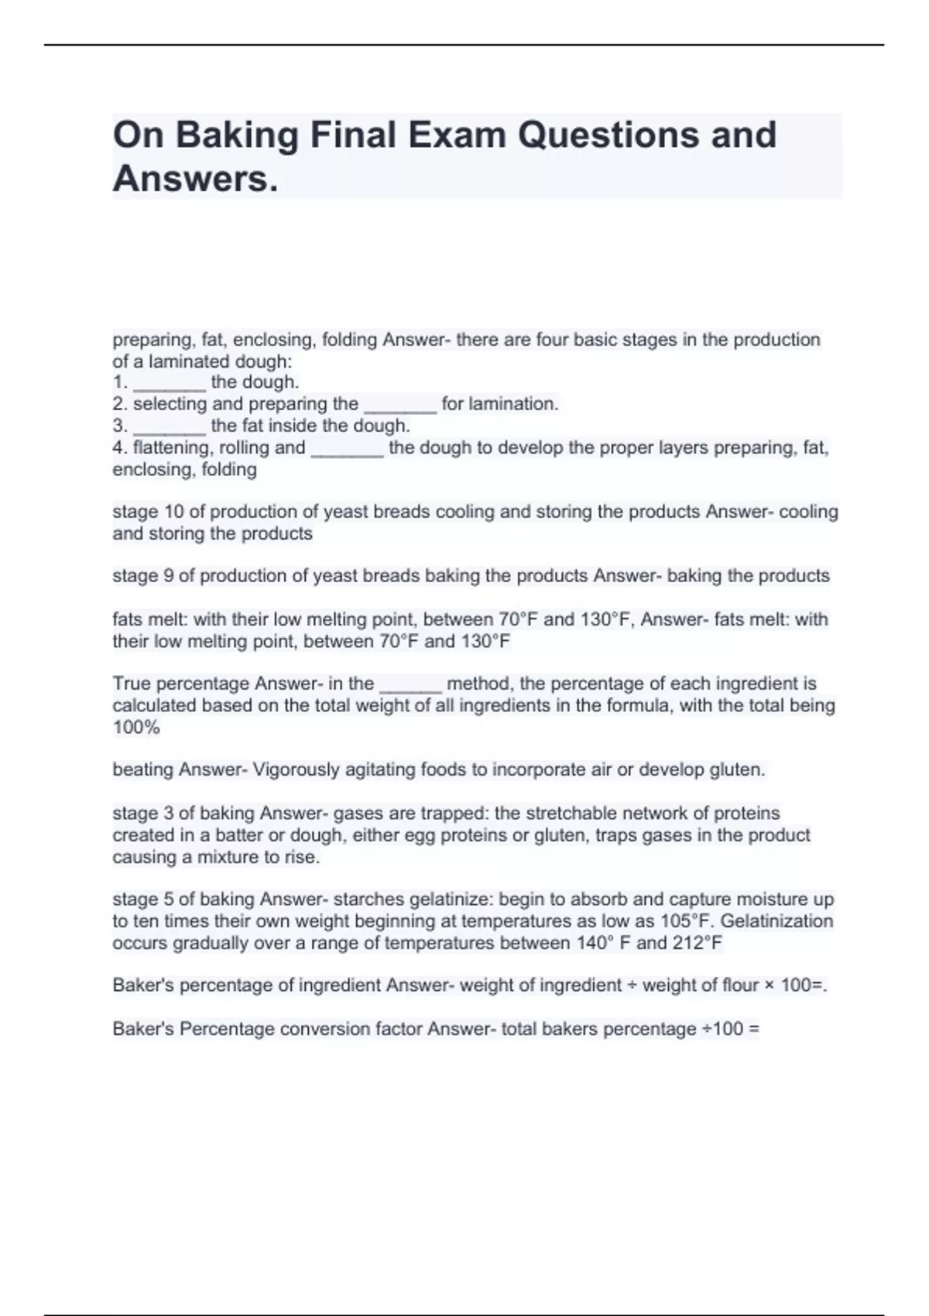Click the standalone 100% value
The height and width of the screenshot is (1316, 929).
[136, 727]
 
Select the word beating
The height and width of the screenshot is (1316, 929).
[143, 769]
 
